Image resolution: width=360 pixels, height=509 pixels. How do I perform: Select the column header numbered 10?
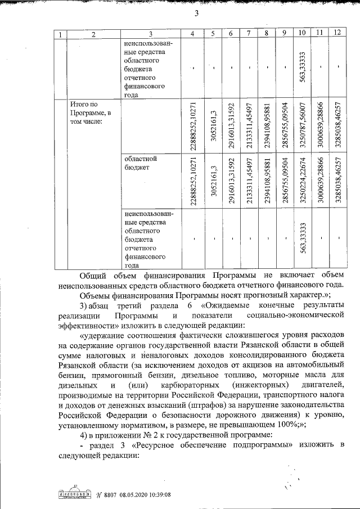[302, 33]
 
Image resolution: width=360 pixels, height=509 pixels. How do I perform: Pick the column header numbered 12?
[337, 33]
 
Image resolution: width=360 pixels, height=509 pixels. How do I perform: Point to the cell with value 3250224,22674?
[302, 180]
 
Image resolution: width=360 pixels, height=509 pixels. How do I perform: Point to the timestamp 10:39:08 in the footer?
[160, 494]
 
